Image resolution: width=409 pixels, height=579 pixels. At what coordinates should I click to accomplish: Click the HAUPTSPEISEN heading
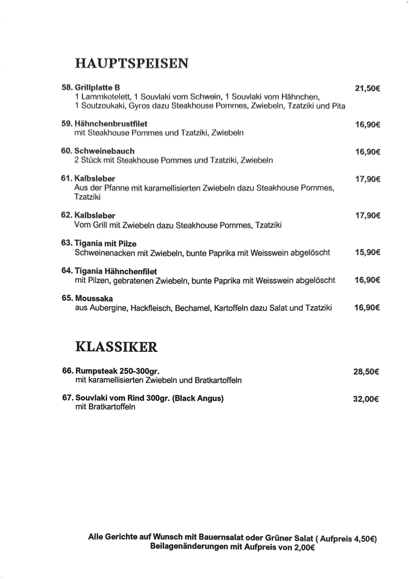pyautogui.click(x=132, y=63)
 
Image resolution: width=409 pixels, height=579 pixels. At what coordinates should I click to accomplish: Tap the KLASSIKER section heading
pyautogui.click(x=116, y=347)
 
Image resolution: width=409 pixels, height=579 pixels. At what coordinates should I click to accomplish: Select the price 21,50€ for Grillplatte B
pyautogui.click(x=367, y=88)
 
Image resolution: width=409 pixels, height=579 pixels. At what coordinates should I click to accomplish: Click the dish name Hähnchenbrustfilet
pyautogui.click(x=111, y=124)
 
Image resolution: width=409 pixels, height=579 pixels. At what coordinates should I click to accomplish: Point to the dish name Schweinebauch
pyautogui.click(x=104, y=151)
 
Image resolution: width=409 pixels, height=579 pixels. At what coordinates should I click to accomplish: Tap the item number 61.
pyautogui.click(x=66, y=178)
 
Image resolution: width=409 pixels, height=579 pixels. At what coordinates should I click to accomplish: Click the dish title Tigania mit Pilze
pyautogui.click(x=106, y=243)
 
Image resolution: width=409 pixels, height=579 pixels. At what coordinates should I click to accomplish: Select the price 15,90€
pyautogui.click(x=367, y=252)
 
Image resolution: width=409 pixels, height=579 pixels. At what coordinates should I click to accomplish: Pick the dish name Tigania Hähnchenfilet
pyautogui.click(x=116, y=271)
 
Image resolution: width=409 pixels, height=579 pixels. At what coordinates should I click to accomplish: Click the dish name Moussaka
pyautogui.click(x=94, y=298)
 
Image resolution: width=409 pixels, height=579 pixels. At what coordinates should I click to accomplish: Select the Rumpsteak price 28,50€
pyautogui.click(x=366, y=372)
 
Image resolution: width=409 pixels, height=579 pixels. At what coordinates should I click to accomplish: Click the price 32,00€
pyautogui.click(x=366, y=399)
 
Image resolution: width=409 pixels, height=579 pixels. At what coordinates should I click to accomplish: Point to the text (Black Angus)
pyautogui.click(x=198, y=398)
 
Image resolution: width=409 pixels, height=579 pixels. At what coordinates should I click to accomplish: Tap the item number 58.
pyautogui.click(x=67, y=87)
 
